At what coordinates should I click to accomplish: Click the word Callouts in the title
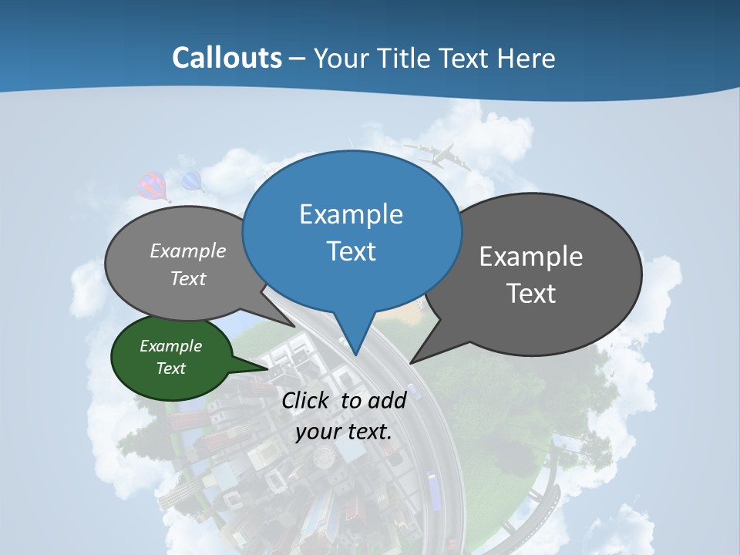[x=227, y=58]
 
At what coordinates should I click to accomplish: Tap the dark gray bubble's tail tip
[x=413, y=361]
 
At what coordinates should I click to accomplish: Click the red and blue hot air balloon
[x=151, y=186]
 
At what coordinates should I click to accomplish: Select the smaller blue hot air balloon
[x=191, y=182]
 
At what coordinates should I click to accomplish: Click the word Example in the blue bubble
[x=351, y=214]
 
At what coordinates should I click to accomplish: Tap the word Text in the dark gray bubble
[x=531, y=294]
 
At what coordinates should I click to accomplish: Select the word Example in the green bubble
[x=170, y=347]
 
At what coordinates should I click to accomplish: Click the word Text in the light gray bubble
[x=188, y=279]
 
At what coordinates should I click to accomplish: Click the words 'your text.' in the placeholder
[x=344, y=432]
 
